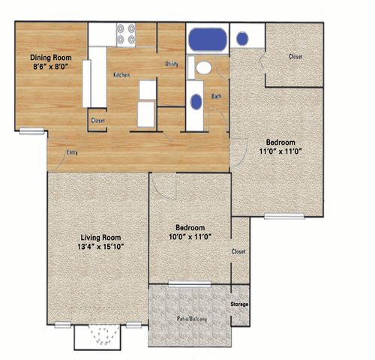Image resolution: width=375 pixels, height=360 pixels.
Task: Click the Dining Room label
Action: [51, 58]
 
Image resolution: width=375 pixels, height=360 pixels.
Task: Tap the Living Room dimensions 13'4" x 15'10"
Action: [101, 247]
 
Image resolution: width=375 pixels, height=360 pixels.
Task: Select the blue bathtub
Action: [208, 40]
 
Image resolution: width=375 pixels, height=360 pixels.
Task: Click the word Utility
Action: [172, 64]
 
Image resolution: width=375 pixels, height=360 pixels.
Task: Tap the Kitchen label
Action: [121, 75]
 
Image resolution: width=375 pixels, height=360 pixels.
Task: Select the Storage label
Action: [239, 304]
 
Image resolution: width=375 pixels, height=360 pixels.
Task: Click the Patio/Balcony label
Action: [192, 319]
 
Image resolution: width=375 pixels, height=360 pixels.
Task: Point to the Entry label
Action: [72, 152]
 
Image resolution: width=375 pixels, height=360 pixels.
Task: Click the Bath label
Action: [216, 96]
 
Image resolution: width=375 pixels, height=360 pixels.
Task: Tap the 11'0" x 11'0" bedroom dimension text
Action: [280, 151]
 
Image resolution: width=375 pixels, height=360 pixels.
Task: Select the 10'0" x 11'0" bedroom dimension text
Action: [190, 237]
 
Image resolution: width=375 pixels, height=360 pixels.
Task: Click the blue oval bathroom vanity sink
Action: [196, 102]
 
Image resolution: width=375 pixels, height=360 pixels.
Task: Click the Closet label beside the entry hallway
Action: [98, 121]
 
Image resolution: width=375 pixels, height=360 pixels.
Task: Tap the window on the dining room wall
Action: [31, 131]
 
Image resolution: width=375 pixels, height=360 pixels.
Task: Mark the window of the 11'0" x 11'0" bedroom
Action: [284, 216]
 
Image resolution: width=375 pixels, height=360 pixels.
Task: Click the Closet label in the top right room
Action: [295, 56]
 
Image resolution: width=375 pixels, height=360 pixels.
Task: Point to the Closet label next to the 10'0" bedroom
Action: [238, 251]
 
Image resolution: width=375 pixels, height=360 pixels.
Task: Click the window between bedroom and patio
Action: [190, 283]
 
